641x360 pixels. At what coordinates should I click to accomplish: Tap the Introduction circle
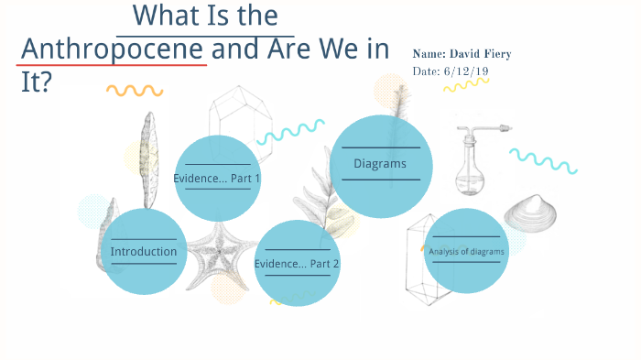pyautogui.click(x=143, y=251)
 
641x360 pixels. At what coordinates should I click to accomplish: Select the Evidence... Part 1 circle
pyautogui.click(x=217, y=178)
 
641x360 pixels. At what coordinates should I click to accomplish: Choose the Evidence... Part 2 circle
pyautogui.click(x=297, y=263)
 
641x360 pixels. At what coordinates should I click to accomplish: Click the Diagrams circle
pyautogui.click(x=380, y=165)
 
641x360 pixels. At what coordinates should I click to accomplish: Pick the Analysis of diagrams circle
pyautogui.click(x=466, y=251)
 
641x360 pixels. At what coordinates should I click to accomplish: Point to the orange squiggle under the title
pyautogui.click(x=135, y=91)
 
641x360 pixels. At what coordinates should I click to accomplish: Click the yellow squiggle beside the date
pyautogui.click(x=466, y=84)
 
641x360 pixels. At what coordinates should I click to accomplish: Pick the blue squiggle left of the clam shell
pyautogui.click(x=542, y=159)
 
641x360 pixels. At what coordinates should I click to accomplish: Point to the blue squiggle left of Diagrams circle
pyautogui.click(x=290, y=133)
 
